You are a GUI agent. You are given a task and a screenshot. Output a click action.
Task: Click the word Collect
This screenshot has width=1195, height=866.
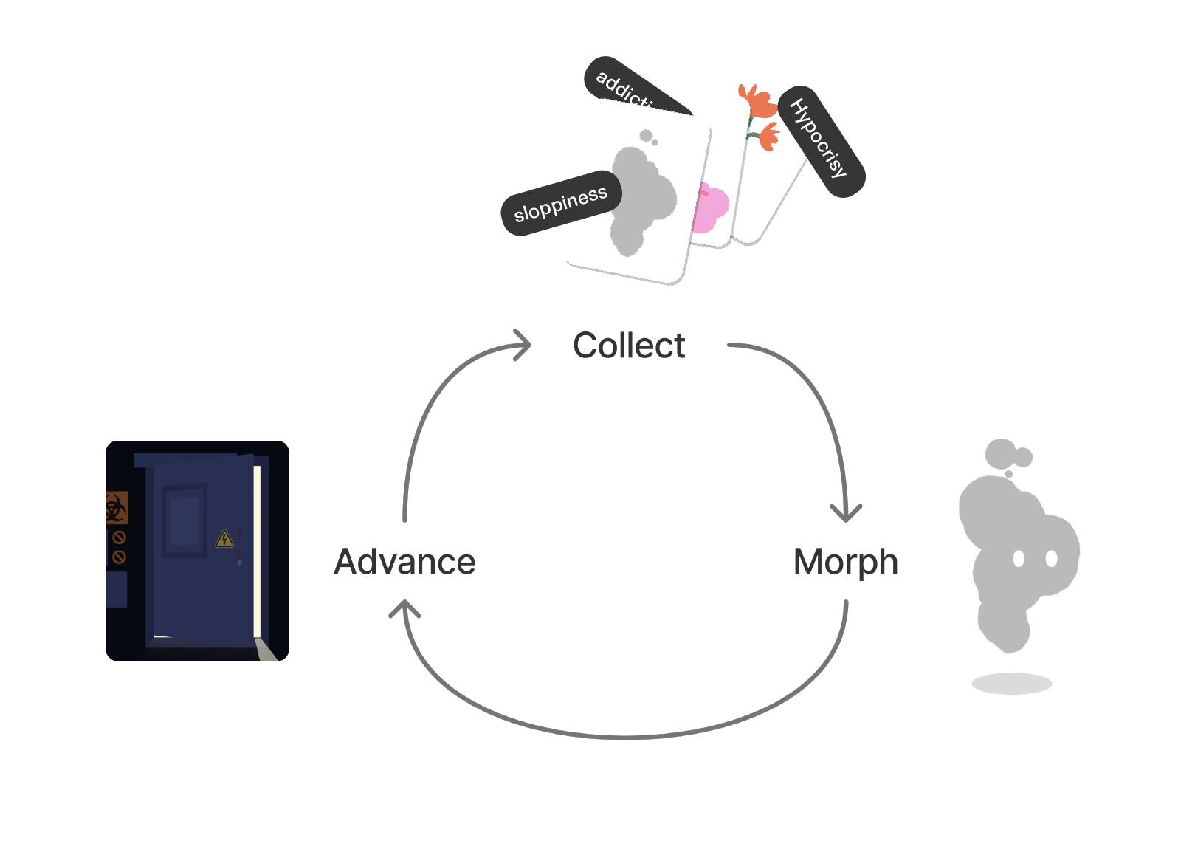629,346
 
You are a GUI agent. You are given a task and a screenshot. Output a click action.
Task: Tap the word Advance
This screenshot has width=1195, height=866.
404,562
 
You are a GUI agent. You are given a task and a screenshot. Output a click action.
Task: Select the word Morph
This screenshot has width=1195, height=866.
845,562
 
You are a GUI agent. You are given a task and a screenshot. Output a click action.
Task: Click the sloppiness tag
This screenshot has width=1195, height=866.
561,205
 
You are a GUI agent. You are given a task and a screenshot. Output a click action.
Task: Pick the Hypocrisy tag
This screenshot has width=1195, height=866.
821,140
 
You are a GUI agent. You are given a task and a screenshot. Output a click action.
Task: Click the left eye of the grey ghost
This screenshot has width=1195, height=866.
1019,559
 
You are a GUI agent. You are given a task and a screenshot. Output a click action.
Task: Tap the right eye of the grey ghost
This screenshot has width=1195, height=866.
1052,559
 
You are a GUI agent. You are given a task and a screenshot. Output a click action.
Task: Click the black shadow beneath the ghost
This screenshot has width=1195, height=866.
1011,684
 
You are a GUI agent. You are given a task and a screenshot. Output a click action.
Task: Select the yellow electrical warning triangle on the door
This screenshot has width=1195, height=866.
224,538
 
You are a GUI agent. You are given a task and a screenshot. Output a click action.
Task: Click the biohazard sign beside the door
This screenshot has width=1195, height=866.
115,508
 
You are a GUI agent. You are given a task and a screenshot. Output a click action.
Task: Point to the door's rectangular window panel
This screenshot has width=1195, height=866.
185,520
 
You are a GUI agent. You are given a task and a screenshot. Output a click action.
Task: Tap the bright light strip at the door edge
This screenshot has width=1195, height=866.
257,550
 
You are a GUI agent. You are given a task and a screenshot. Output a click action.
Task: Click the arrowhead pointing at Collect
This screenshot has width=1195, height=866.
523,345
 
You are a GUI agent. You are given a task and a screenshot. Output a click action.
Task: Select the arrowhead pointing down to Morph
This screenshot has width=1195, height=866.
846,512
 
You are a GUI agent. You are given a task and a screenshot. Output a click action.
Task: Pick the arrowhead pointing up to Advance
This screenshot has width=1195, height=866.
404,609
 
